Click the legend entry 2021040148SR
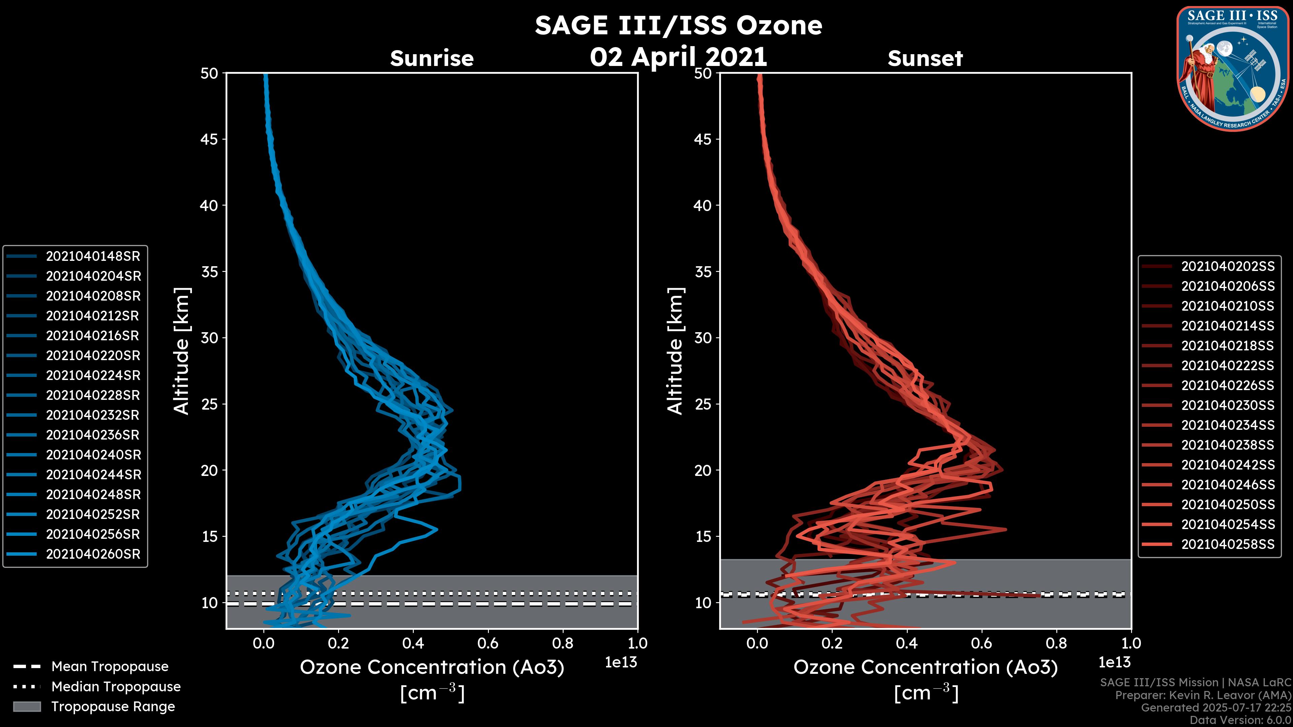point(93,256)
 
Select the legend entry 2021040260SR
point(93,554)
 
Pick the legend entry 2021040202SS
point(1227,267)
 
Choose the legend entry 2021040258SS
point(1227,544)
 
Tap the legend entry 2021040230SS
point(1227,405)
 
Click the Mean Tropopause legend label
point(110,667)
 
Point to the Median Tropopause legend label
point(116,687)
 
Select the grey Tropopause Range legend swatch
point(27,706)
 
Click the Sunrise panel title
point(432,59)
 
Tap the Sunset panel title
point(925,59)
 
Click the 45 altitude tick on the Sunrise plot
point(209,139)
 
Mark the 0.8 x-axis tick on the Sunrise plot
point(563,643)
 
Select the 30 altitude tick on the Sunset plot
point(703,338)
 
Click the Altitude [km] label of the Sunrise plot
point(182,351)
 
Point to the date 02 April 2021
point(678,57)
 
